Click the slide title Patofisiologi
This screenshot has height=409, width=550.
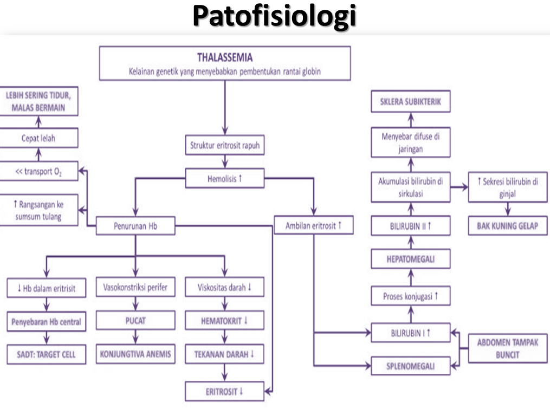pos(275,17)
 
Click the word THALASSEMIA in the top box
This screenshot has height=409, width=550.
pos(225,56)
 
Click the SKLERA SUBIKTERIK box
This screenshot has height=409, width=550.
pos(411,101)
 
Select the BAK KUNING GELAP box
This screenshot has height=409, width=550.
pos(508,225)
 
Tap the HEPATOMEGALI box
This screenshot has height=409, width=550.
pos(411,259)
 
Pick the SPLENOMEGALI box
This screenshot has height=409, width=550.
pos(411,366)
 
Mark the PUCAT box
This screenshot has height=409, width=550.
pos(135,320)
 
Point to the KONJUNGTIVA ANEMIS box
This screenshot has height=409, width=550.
pos(135,355)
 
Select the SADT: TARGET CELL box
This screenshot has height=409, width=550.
pos(46,355)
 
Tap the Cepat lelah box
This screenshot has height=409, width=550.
pos(39,139)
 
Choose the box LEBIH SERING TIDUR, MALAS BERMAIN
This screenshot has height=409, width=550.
pos(39,101)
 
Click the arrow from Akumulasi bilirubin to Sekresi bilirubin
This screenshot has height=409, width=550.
pos(459,187)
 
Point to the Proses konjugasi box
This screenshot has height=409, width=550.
pos(411,296)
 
